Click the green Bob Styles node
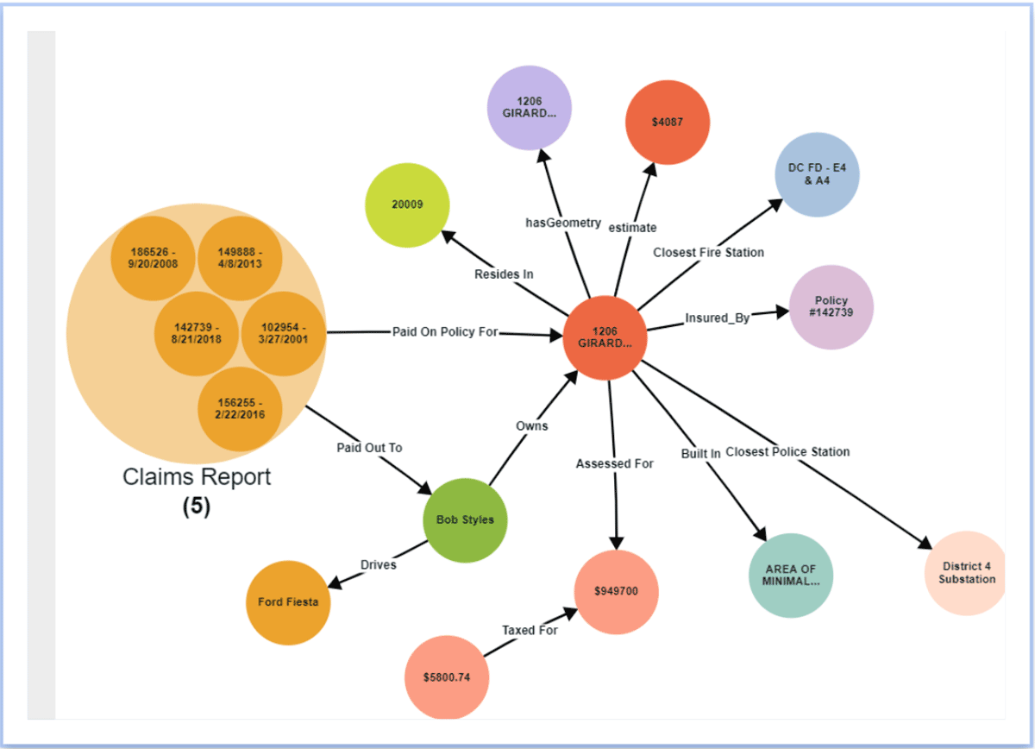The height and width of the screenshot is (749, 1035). tap(465, 520)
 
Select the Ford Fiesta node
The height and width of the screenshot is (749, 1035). tap(288, 602)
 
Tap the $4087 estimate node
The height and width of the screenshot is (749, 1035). tap(668, 122)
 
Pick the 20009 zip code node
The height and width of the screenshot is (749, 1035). tap(407, 204)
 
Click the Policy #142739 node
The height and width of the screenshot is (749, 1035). tap(831, 307)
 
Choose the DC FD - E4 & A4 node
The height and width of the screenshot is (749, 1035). tap(817, 174)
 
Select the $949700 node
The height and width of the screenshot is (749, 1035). tap(616, 591)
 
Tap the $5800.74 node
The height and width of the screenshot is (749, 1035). tap(447, 677)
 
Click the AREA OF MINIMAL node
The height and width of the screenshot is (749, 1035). tap(791, 575)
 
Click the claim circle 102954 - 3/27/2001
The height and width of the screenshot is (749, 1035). tap(283, 333)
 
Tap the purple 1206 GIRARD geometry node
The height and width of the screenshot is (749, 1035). tap(529, 107)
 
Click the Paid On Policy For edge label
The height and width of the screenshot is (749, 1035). tap(445, 331)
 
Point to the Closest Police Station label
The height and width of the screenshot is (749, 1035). tap(787, 451)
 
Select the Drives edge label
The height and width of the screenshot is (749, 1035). tap(378, 564)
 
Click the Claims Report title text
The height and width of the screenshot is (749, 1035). tap(197, 477)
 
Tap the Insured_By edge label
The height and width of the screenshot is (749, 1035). tap(717, 318)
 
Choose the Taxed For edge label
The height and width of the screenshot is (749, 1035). tap(530, 630)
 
